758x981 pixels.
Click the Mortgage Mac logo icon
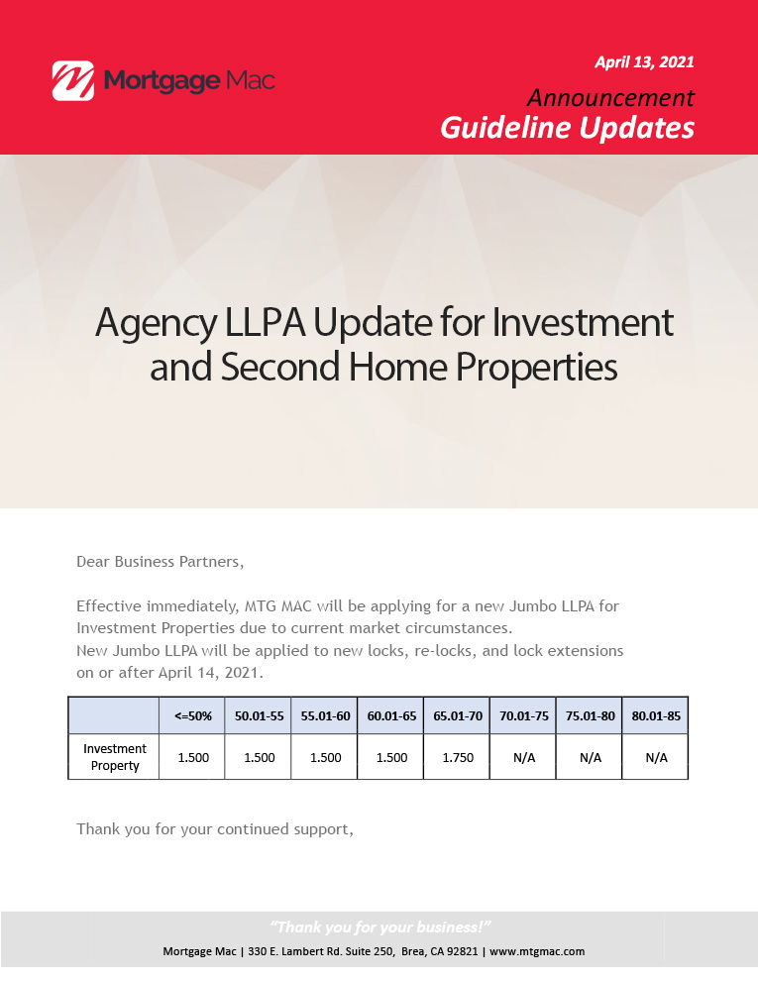(x=73, y=80)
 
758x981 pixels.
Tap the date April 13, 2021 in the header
(x=644, y=62)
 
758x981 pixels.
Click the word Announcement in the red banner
(x=610, y=97)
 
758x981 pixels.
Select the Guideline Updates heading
(x=567, y=128)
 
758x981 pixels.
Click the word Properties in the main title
(x=537, y=368)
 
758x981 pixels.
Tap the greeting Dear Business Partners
(x=161, y=562)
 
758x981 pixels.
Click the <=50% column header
(x=193, y=716)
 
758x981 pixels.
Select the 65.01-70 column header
(x=458, y=716)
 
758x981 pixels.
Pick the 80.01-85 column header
(x=656, y=716)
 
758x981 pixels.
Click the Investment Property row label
(x=115, y=757)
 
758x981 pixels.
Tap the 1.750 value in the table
(x=458, y=758)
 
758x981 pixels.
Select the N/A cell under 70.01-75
(x=524, y=758)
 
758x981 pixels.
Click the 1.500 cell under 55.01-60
(x=326, y=758)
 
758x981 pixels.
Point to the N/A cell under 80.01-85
(x=656, y=758)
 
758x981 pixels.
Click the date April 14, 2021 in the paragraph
(x=209, y=673)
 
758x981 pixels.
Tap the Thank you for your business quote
(x=380, y=927)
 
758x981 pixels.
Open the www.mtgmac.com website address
(x=537, y=951)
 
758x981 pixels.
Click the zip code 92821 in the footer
(x=463, y=951)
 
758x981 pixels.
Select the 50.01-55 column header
(x=260, y=716)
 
